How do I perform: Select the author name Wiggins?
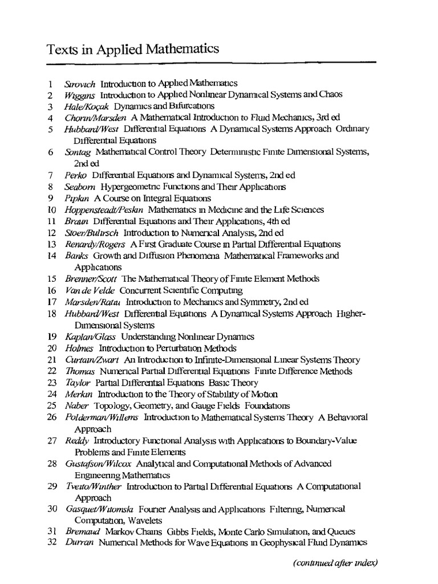[80, 95]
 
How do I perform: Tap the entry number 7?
[51, 175]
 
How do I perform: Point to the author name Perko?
[75, 175]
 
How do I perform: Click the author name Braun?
[75, 221]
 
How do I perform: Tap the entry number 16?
[52, 290]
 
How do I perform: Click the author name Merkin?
[78, 394]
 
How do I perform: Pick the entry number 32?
[52, 543]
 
